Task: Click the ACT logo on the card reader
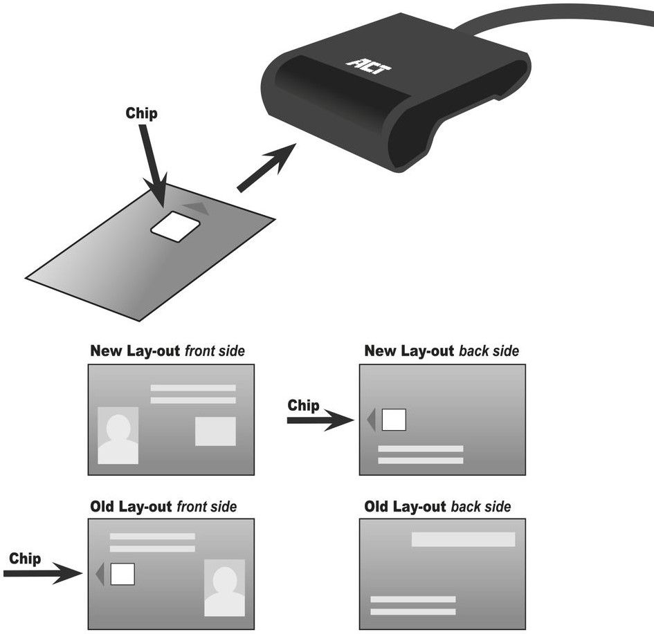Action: (368, 66)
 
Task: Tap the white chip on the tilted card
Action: (175, 226)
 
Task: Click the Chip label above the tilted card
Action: (141, 113)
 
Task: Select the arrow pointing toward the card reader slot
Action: (267, 167)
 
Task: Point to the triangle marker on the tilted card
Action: (196, 208)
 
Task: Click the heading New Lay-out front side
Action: (167, 351)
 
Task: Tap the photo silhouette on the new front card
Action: (118, 436)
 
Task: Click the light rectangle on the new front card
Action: (215, 431)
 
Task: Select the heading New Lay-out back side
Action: (442, 351)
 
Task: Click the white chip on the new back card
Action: (394, 420)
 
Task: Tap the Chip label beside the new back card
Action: (303, 405)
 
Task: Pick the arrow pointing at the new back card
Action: (320, 420)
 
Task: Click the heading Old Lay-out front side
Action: (163, 507)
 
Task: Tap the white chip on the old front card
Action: (122, 574)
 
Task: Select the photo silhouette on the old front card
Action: (224, 588)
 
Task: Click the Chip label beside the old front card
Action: (25, 559)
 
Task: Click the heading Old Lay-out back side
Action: (437, 507)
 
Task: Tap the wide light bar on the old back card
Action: (464, 539)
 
